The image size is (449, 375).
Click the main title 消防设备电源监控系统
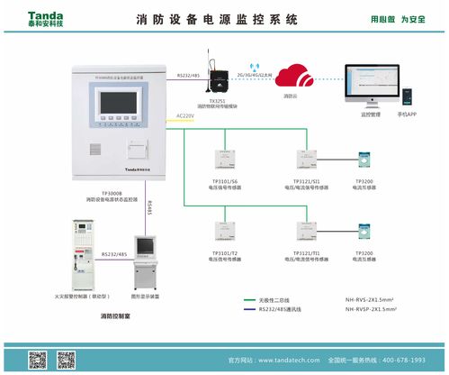point(224,18)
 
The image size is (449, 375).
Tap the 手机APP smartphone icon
point(410,95)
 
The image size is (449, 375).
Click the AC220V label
point(185,116)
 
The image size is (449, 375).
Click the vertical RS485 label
point(149,208)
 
